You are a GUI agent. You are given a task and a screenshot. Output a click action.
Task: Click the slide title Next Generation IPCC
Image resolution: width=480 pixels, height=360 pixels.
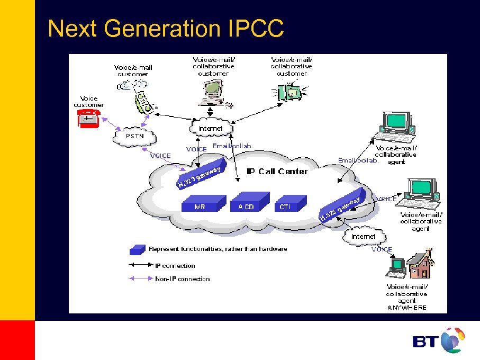166,29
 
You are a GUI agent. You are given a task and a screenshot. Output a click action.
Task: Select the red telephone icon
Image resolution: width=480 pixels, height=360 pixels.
89,120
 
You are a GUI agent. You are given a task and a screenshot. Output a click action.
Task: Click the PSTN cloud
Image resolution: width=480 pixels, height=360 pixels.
135,137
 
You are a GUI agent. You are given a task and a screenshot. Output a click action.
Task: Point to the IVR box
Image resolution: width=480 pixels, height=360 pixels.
200,204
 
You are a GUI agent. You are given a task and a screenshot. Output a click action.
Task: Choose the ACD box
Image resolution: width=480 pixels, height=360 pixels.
247,204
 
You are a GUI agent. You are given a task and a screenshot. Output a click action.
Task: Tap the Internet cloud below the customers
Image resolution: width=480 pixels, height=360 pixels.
211,129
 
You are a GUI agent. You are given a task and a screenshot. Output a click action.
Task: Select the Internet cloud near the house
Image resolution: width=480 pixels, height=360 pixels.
364,236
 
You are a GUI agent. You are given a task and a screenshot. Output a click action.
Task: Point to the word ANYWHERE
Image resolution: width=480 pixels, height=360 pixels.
406,308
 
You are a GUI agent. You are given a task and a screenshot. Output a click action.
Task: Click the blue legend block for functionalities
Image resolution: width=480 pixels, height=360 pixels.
138,249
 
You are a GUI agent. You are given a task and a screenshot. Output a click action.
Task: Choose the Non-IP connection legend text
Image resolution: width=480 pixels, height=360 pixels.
182,279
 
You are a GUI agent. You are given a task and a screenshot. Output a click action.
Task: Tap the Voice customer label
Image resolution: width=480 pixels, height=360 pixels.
88,102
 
